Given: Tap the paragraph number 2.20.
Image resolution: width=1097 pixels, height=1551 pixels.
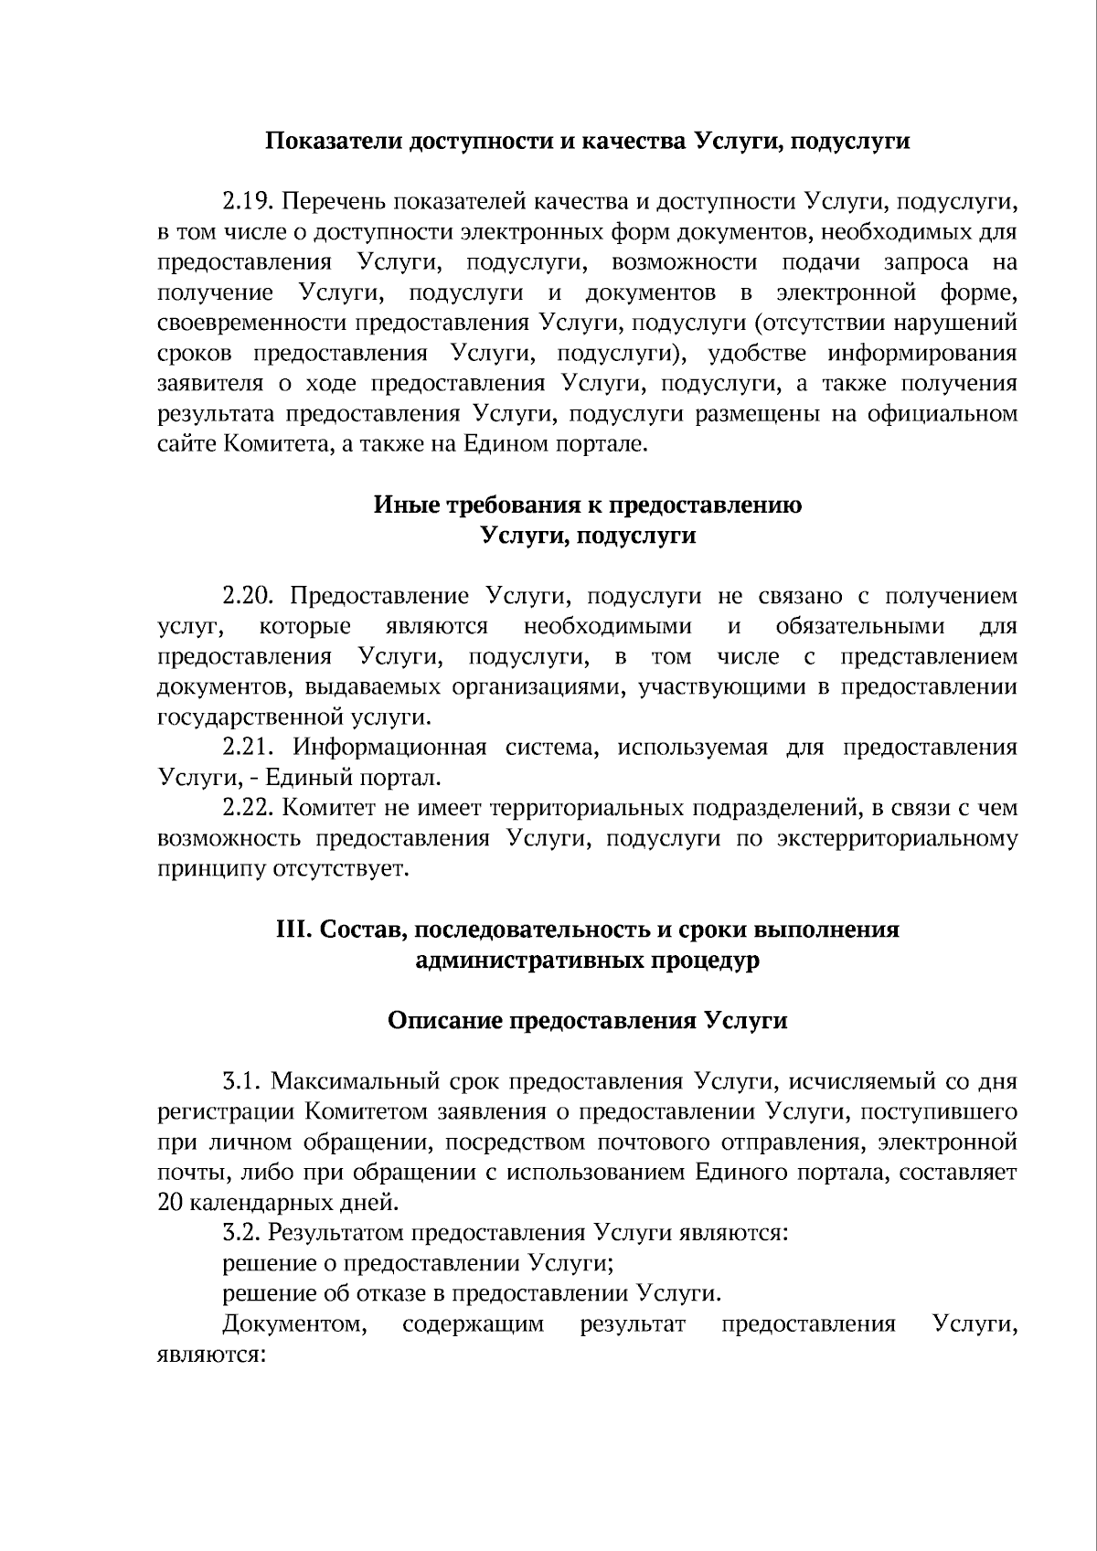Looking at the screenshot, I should coord(249,597).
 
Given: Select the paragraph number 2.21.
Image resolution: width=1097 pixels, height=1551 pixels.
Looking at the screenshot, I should coord(249,748).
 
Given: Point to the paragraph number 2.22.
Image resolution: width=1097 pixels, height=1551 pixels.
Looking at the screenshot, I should coord(249,809).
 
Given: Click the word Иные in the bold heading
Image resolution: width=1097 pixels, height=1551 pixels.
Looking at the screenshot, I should coord(401,505).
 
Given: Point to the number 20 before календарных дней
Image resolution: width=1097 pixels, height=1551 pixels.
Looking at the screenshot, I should coord(171,1203).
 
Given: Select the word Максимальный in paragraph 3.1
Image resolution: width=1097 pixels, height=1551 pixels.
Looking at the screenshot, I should coord(357,1082).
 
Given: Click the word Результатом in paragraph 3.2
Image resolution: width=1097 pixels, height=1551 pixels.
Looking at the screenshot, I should coord(338,1233).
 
